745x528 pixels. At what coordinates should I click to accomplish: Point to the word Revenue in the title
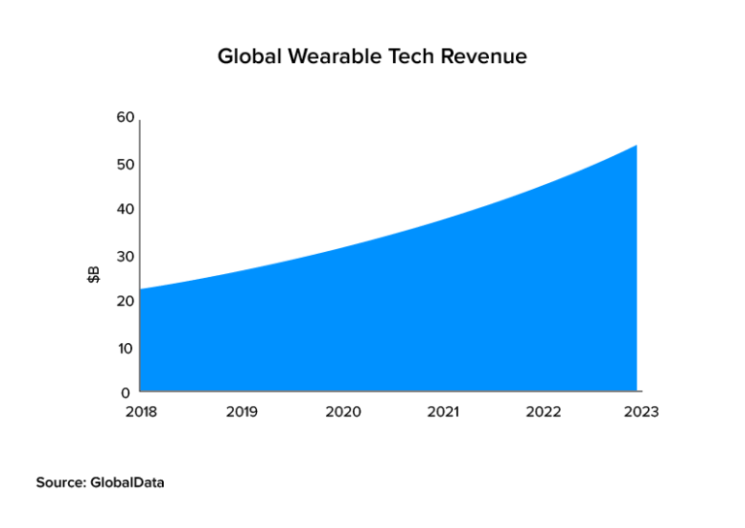tap(484, 57)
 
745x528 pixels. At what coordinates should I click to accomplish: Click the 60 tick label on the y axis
tap(125, 117)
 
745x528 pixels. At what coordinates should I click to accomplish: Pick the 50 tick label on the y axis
tap(125, 164)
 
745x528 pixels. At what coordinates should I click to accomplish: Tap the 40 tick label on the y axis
tap(125, 209)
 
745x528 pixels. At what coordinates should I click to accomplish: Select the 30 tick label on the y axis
tap(125, 256)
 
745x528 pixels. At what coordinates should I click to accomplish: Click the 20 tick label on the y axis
tap(125, 301)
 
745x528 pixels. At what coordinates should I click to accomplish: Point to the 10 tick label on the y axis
tap(125, 348)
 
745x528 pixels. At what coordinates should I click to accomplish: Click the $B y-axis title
tap(93, 275)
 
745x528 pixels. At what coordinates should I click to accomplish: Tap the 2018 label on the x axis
tap(141, 412)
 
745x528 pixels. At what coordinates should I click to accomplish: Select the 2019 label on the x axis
tap(242, 412)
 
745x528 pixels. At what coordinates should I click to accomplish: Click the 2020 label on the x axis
tap(342, 412)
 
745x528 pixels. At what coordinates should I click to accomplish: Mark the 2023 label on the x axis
tap(641, 412)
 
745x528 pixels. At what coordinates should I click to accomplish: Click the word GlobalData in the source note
tap(128, 481)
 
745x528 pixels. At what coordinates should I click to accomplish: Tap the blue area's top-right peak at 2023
tap(635, 146)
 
